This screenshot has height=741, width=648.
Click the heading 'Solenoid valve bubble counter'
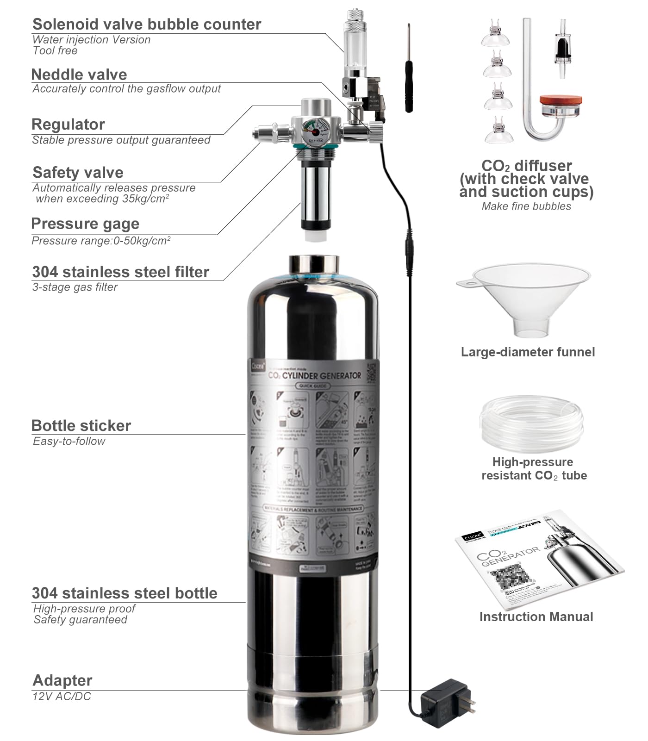click(146, 24)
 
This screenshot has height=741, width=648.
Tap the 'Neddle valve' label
click(79, 75)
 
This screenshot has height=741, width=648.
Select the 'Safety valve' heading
click(78, 173)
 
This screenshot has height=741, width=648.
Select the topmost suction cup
click(495, 35)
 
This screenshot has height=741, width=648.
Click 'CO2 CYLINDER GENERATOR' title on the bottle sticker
click(315, 375)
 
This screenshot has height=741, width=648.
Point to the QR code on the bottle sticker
click(372, 372)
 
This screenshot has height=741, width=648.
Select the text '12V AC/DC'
click(62, 696)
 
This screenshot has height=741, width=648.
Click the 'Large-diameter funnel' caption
click(528, 352)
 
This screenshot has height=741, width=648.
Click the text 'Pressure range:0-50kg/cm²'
click(101, 241)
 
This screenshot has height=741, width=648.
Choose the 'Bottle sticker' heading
click(81, 425)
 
